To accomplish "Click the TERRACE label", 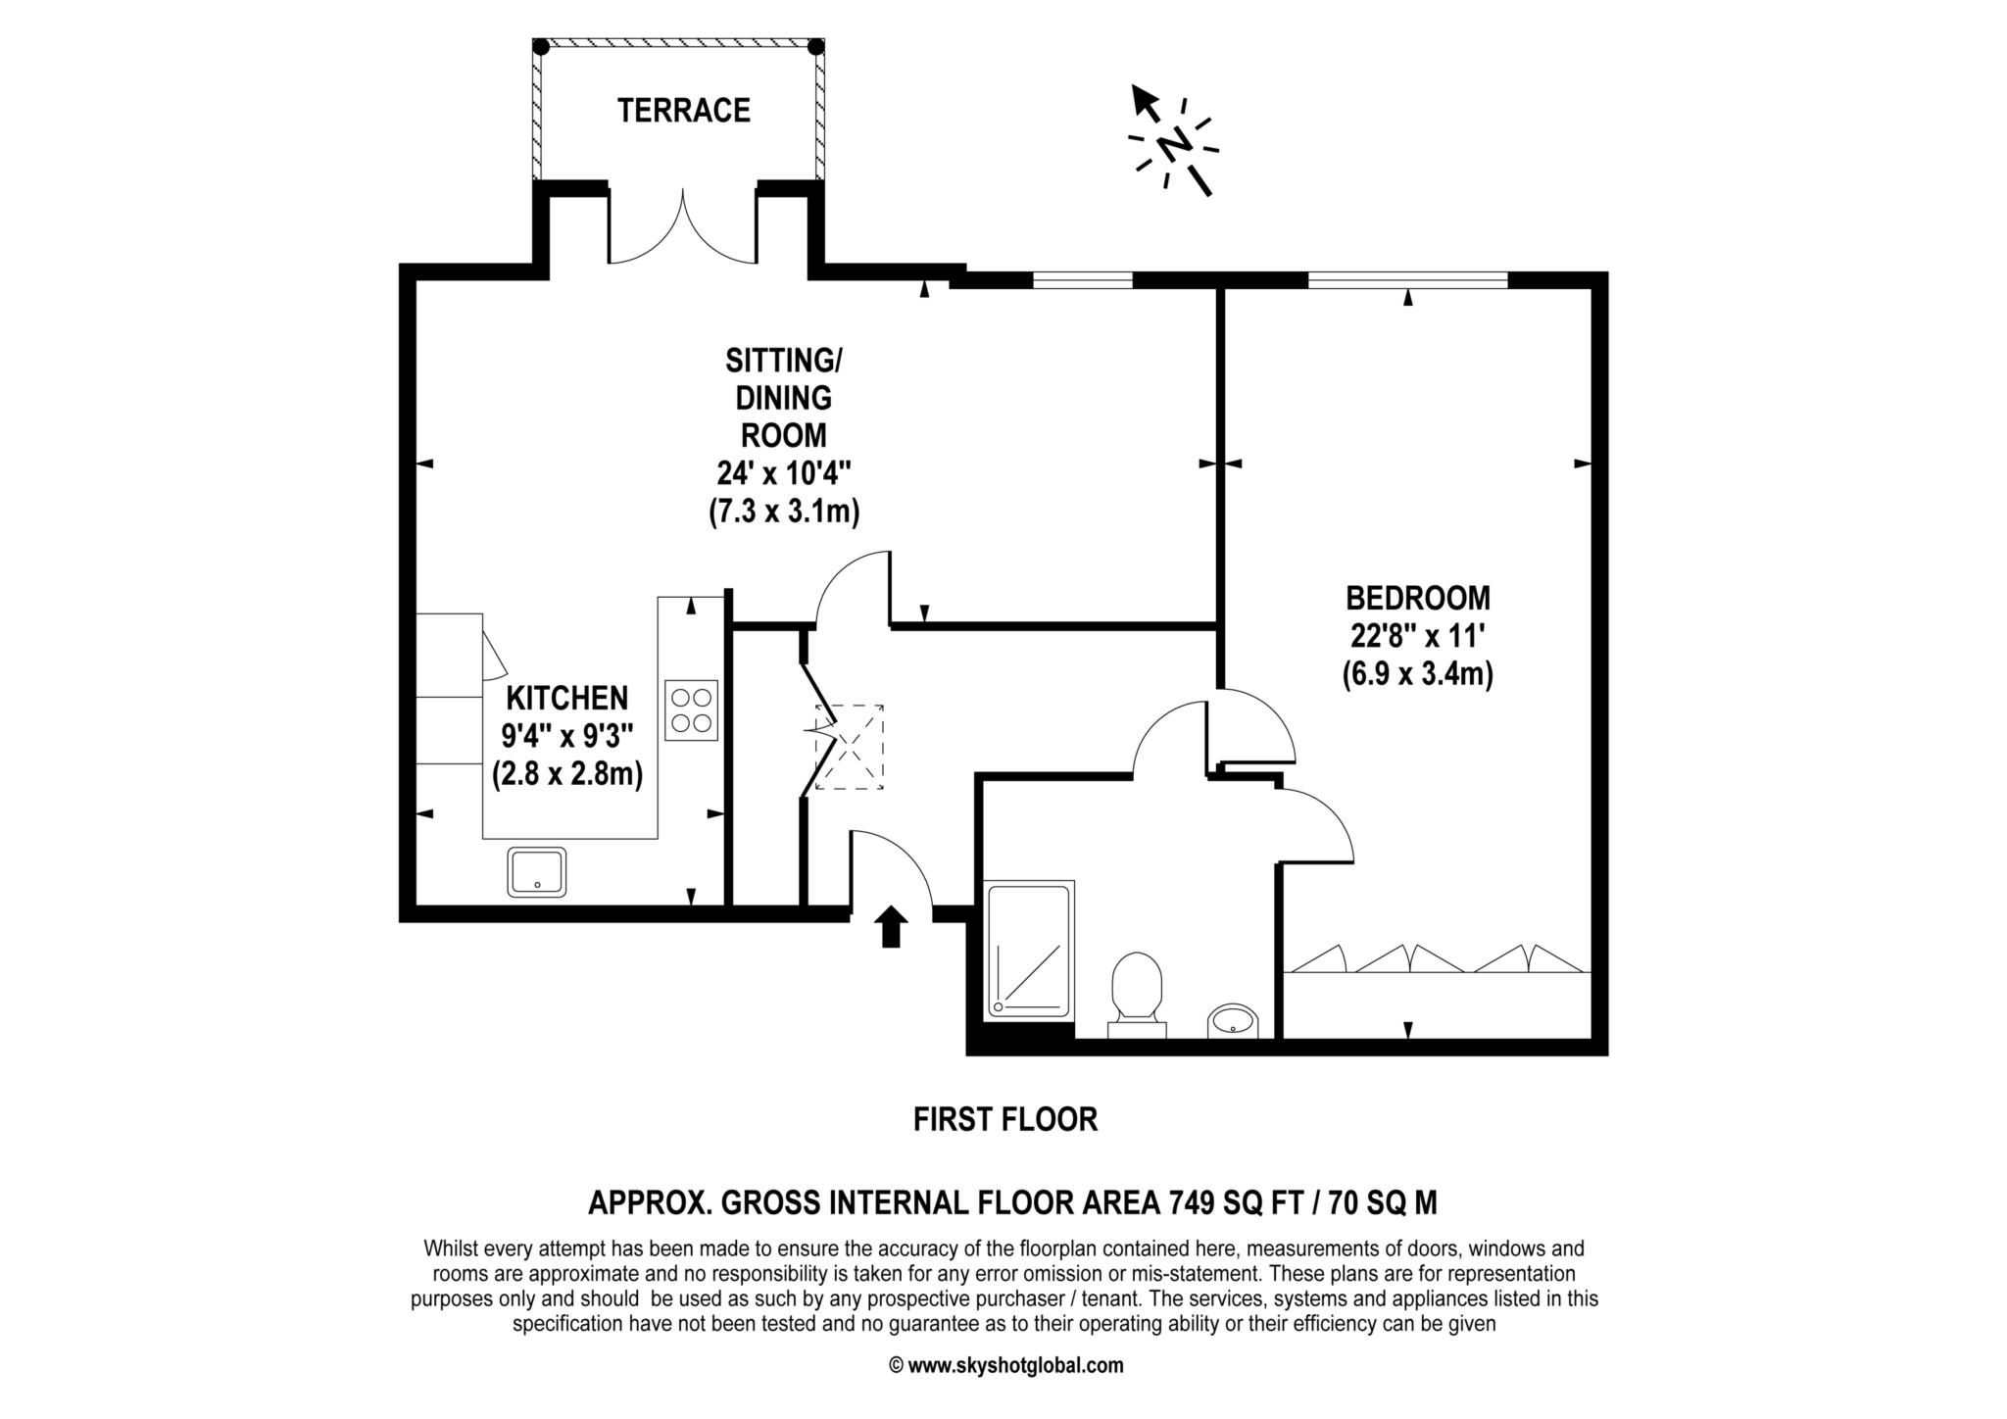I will click(683, 110).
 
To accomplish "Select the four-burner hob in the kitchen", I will click(691, 710).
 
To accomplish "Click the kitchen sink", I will click(537, 872).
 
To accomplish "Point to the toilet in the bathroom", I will click(1137, 990).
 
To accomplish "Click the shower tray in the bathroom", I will click(1029, 949).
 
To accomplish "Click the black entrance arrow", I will click(890, 926).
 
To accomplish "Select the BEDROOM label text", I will click(1417, 598).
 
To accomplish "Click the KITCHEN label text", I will click(566, 698).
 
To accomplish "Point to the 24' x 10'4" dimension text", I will click(783, 474).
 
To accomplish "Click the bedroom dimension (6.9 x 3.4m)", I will click(1417, 675).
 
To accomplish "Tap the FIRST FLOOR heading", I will click(1005, 1119).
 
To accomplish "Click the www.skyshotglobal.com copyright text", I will click(1006, 1365).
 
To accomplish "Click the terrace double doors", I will click(683, 230).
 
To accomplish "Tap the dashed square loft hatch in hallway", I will click(850, 747).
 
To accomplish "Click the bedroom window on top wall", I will click(1407, 280).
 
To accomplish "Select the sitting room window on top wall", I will click(1082, 280).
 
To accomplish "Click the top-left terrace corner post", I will click(540, 46).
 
